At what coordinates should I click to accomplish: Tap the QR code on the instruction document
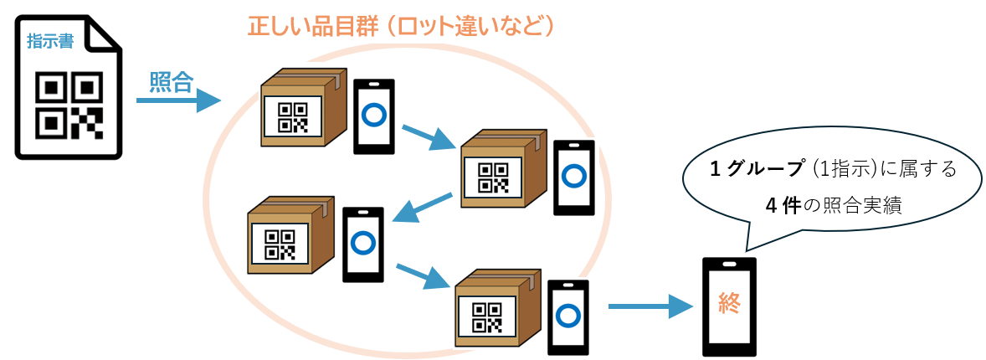69,105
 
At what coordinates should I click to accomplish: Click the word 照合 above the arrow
172,81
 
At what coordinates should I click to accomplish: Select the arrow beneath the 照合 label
177,101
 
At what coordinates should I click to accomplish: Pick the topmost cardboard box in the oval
303,109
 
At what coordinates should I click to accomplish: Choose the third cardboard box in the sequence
290,238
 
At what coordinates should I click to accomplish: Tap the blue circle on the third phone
362,243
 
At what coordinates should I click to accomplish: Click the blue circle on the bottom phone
567,316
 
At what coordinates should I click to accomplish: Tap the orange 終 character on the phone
729,303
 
